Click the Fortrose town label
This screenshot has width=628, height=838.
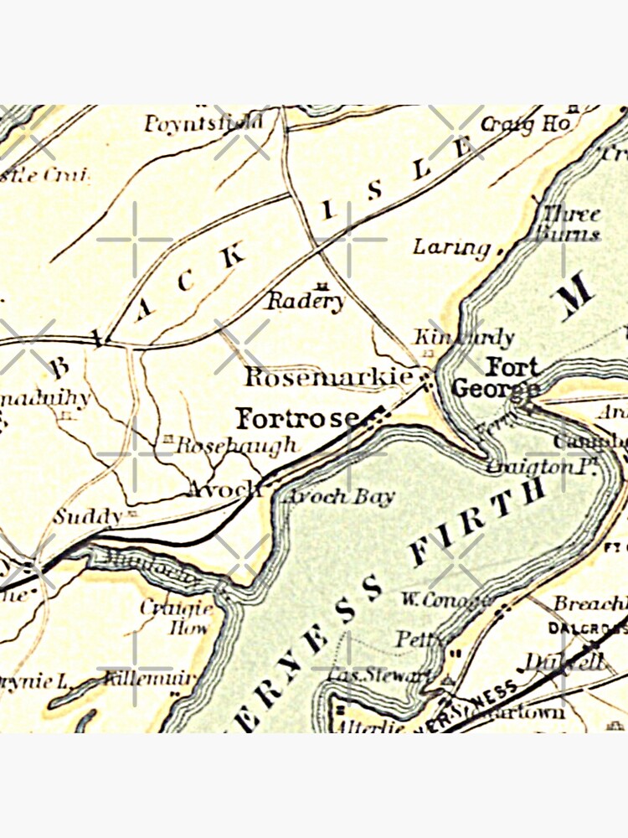(x=297, y=417)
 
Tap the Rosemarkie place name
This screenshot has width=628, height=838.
(x=328, y=377)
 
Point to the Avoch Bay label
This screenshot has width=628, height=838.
(x=338, y=496)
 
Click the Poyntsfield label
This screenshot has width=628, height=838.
(x=203, y=125)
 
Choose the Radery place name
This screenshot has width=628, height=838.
(x=305, y=302)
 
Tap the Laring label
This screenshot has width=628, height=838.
(x=452, y=247)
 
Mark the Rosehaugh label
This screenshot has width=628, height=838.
(x=237, y=445)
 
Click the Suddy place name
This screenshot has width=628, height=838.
(x=87, y=516)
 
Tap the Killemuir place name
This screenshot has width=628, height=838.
(x=151, y=678)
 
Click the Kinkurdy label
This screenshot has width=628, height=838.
(x=463, y=337)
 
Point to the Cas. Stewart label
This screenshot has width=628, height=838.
(x=380, y=675)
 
